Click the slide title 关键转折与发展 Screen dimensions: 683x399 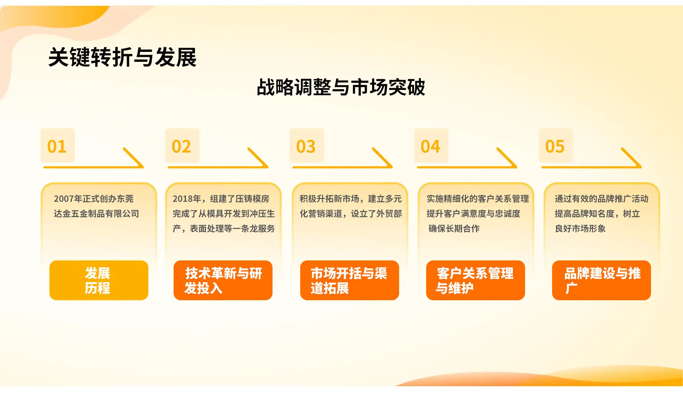(122, 57)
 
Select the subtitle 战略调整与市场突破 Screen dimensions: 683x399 (341, 87)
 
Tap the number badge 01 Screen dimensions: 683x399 (58, 146)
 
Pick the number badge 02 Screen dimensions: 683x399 (182, 146)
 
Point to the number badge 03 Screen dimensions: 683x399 (307, 146)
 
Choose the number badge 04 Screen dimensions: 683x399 (431, 146)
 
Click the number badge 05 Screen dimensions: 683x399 (556, 146)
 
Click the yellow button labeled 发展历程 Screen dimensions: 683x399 (99, 280)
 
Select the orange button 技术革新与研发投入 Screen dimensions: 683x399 (223, 280)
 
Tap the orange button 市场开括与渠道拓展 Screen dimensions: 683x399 (350, 280)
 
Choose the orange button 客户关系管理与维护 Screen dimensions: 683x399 (476, 280)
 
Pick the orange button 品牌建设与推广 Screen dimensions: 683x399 (602, 280)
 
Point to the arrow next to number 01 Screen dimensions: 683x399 (93, 167)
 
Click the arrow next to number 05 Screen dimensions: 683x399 (591, 167)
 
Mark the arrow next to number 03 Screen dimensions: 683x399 (342, 167)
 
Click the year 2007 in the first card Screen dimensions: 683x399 (64, 199)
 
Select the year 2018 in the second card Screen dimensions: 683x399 (182, 199)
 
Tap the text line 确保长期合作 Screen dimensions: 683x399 (454, 228)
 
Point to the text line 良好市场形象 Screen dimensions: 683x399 (580, 228)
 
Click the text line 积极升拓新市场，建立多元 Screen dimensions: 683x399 (351, 199)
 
